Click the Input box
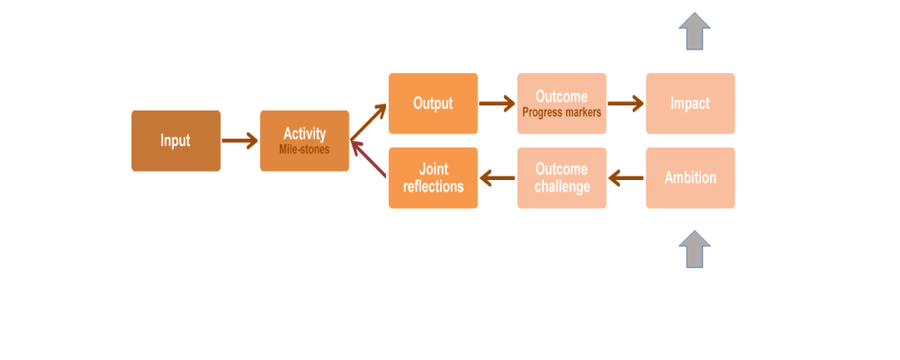[175, 140]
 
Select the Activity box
[304, 140]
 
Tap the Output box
[433, 103]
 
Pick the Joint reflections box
[433, 178]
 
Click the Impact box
[690, 103]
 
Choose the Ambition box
[690, 178]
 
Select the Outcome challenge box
[562, 178]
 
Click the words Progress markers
[562, 112]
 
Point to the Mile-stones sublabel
[304, 148]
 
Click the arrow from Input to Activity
[240, 140]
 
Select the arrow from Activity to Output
[368, 122]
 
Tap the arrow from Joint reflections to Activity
[368, 159]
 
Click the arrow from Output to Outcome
[497, 103]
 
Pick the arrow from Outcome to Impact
[625, 103]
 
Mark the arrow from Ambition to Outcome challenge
[625, 178]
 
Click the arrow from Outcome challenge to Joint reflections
[497, 178]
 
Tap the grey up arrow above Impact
[695, 31]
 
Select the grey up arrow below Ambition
[695, 249]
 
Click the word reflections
[434, 186]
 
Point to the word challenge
[562, 187]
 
